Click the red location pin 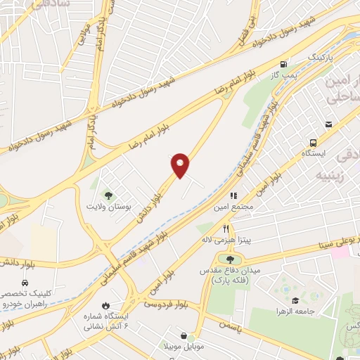[x=180, y=165]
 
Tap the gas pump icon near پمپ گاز [x=283, y=63]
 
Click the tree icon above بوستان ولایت [x=108, y=195]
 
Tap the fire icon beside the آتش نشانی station [x=106, y=306]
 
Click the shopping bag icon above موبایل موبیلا [x=184, y=337]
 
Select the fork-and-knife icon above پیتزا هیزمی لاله [x=226, y=228]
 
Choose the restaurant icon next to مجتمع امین [x=234, y=196]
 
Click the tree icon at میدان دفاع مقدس [x=230, y=261]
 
